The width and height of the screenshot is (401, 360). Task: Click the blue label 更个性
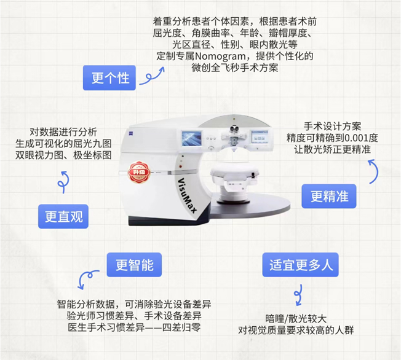coord(110,78)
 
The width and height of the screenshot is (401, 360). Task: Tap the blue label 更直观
coord(63,216)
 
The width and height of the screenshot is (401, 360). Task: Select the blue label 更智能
coord(134,265)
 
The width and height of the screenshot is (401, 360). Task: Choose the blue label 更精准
coord(329,196)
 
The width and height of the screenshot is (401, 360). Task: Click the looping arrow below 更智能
coord(86,281)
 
